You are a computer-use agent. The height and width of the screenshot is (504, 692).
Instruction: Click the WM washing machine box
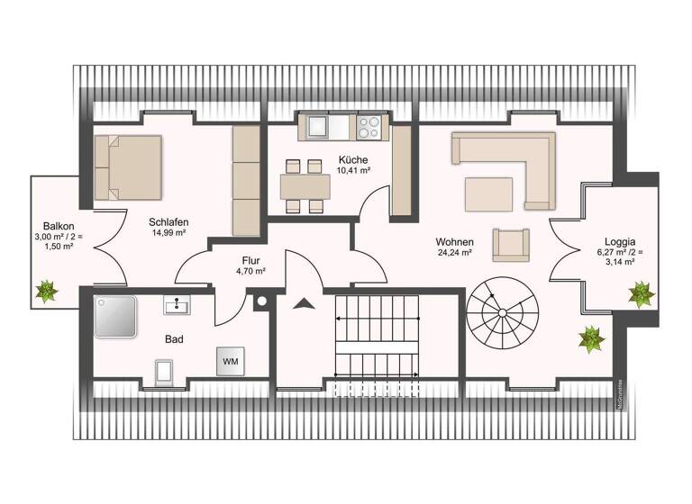click(x=231, y=361)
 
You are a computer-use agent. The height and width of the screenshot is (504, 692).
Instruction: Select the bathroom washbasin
click(x=177, y=307)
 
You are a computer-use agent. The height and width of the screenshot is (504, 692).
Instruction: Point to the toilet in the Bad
click(x=165, y=370)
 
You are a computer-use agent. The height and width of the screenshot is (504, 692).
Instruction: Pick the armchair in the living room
click(x=511, y=243)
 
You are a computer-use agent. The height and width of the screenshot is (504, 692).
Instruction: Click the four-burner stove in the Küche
click(x=369, y=127)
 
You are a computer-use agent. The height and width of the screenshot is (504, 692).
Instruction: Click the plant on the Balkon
click(x=44, y=291)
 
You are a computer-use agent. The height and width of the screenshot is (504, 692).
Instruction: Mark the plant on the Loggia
click(x=642, y=293)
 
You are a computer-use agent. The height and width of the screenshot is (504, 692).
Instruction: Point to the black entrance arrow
click(x=305, y=303)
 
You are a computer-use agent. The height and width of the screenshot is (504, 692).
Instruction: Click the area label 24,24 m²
click(x=454, y=254)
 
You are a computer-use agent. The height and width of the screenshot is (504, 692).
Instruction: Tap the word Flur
click(x=250, y=258)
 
